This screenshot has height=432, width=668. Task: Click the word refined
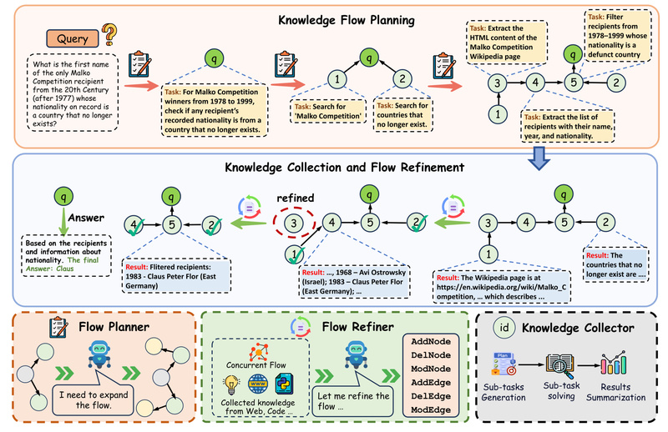pyautogui.click(x=289, y=198)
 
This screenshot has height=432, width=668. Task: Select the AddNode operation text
pyautogui.click(x=432, y=343)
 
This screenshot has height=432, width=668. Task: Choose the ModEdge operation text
pyautogui.click(x=432, y=410)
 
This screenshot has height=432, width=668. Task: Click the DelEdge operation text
pyautogui.click(x=432, y=397)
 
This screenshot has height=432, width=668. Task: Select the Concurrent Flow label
pyautogui.click(x=261, y=364)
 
